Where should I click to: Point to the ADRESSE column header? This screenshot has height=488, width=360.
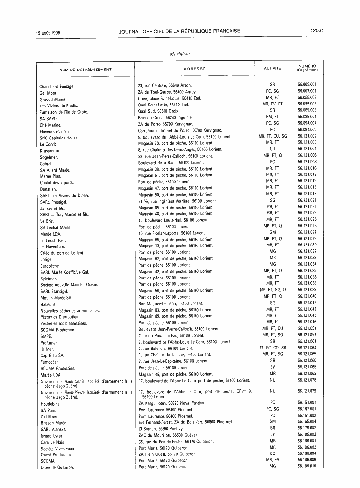tap(195, 69)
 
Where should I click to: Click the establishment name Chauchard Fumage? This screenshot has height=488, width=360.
tap(57, 87)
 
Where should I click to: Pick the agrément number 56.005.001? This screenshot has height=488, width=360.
tap(307, 84)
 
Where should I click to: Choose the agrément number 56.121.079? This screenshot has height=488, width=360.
tap(307, 391)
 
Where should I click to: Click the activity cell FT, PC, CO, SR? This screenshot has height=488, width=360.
tap(272, 347)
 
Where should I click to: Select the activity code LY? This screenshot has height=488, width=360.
tap(272, 434)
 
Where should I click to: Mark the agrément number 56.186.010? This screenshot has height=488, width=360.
tap(307, 466)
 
